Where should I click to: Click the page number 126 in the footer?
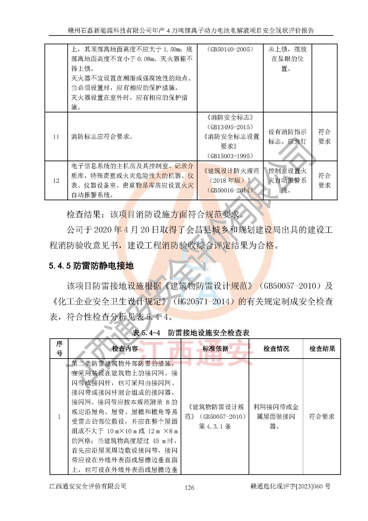(189, 487)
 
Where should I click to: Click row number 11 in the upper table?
(56, 136)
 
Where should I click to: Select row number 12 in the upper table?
(56, 180)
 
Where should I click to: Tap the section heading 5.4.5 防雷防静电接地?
(91, 266)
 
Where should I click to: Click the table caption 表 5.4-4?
(146, 332)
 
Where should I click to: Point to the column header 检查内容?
(125, 348)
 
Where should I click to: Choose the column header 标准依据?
(215, 348)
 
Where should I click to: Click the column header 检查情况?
(276, 348)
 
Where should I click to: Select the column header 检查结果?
(322, 348)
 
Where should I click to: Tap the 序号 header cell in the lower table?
(59, 348)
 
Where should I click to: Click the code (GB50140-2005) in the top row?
(230, 49)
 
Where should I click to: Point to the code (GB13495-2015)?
(230, 127)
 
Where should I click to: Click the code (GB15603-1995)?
(230, 156)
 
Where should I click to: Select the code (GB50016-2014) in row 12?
(230, 190)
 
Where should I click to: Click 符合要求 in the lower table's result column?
(321, 416)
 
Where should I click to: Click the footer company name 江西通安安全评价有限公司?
(88, 486)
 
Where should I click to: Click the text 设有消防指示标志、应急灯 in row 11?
(287, 136)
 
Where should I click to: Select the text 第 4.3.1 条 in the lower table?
(215, 426)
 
